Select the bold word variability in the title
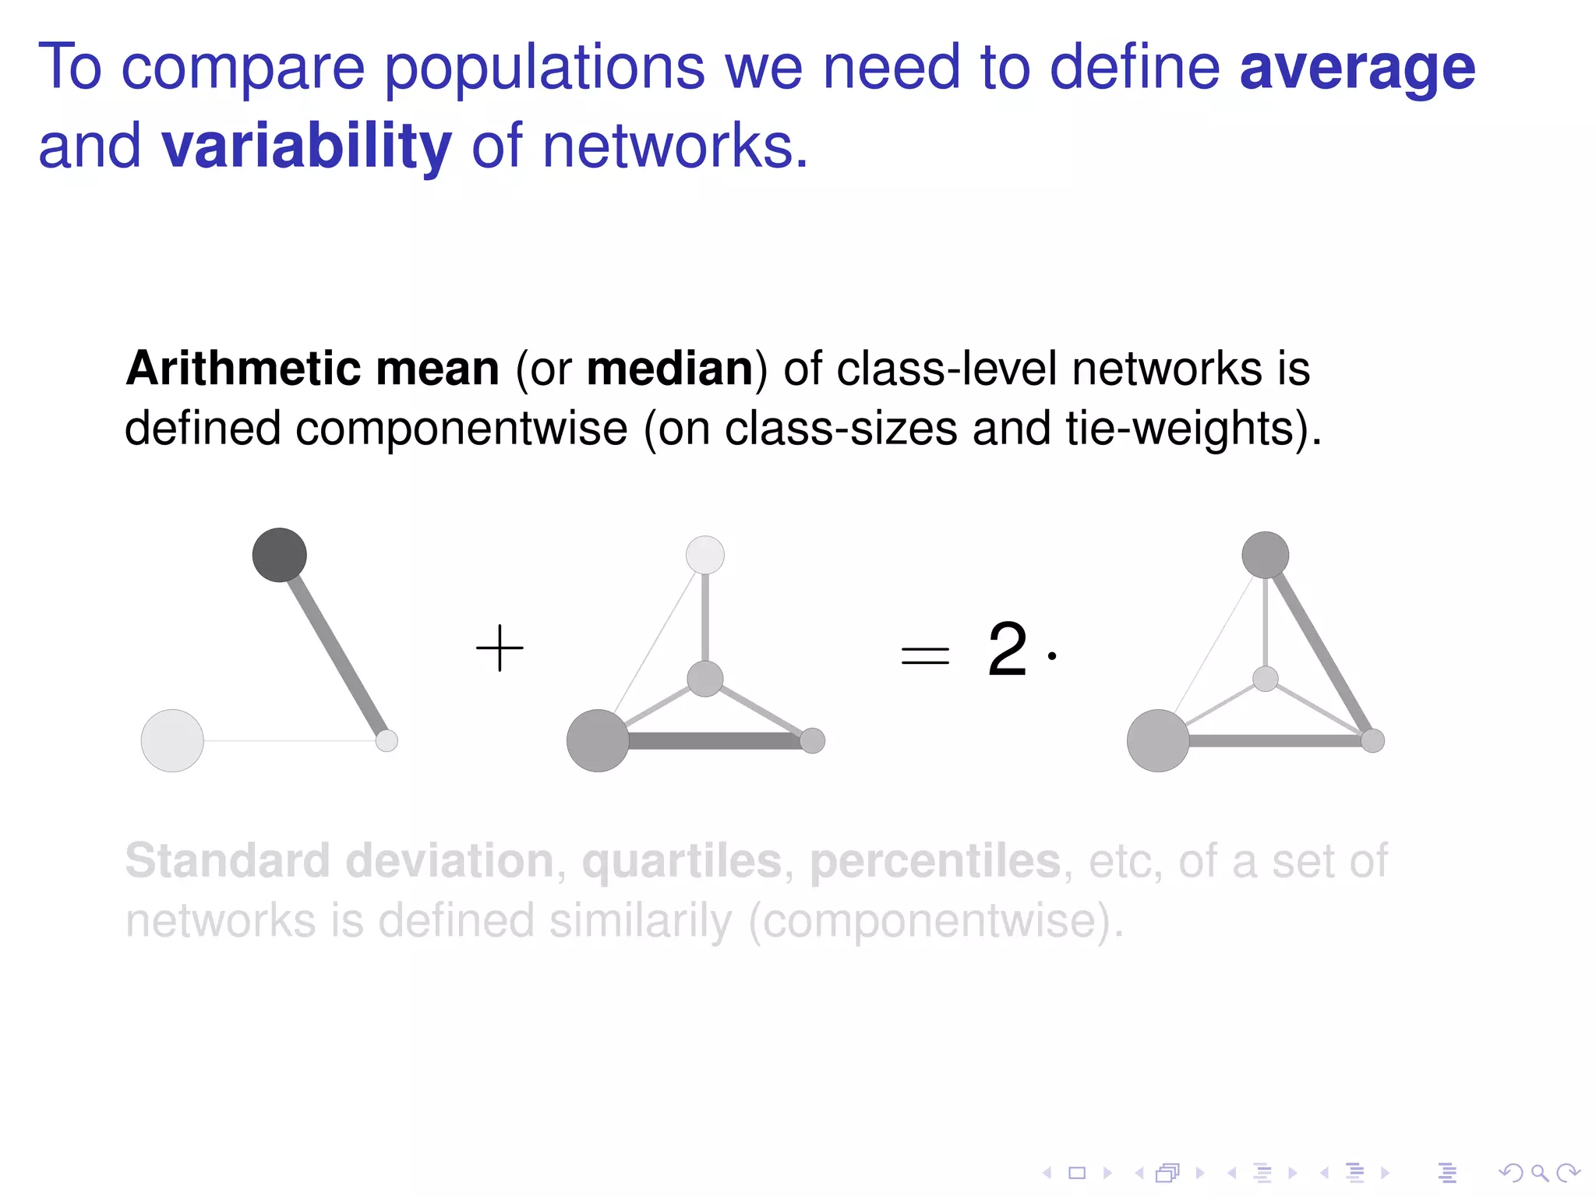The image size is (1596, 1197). pyautogui.click(x=306, y=147)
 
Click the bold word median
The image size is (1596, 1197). pyautogui.click(x=669, y=369)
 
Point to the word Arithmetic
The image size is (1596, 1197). pyautogui.click(x=242, y=369)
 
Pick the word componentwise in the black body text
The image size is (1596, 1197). pyautogui.click(x=461, y=429)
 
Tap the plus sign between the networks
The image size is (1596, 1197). pyautogui.click(x=500, y=648)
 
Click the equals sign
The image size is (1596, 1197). pyautogui.click(x=925, y=655)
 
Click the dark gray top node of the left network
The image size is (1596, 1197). pyautogui.click(x=280, y=555)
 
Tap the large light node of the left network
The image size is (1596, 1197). pyautogui.click(x=172, y=740)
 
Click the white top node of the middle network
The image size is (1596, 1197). pyautogui.click(x=705, y=555)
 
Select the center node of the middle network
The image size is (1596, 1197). pyautogui.click(x=705, y=678)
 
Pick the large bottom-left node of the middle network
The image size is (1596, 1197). pyautogui.click(x=598, y=740)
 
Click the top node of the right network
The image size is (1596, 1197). pyautogui.click(x=1265, y=555)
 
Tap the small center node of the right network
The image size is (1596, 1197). pyautogui.click(x=1265, y=679)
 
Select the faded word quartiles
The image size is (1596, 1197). pyautogui.click(x=682, y=861)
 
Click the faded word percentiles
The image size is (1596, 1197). pyautogui.click(x=935, y=861)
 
